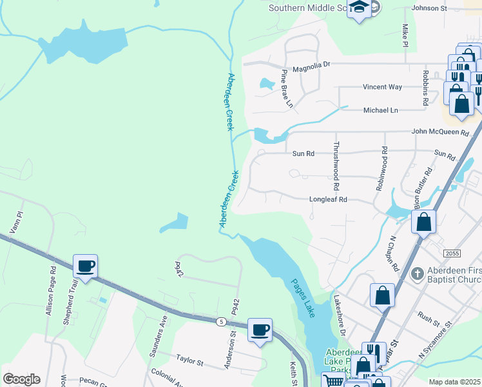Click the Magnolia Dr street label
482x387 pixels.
[x=311, y=65]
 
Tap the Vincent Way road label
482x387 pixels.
[x=382, y=87]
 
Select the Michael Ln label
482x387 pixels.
[x=381, y=110]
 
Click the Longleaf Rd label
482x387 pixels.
[x=328, y=200]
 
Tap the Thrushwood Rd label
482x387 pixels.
[x=336, y=166]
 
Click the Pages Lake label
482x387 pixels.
[x=302, y=297]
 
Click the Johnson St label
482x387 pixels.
[x=429, y=8]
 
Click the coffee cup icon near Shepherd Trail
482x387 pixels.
[x=85, y=266]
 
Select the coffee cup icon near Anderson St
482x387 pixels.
[x=260, y=330]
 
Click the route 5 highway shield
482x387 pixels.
[x=221, y=321]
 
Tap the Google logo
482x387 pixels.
[x=21, y=379]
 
